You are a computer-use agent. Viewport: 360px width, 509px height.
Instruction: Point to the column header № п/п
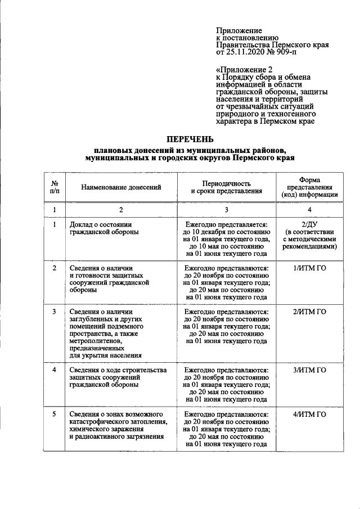click(x=55, y=187)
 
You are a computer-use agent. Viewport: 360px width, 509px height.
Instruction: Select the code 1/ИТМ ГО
click(x=309, y=268)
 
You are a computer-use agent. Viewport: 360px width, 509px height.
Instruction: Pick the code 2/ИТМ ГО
click(x=309, y=312)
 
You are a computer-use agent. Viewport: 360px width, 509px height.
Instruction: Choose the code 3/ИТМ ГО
click(x=309, y=370)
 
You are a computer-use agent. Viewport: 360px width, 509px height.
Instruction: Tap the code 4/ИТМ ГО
click(x=309, y=415)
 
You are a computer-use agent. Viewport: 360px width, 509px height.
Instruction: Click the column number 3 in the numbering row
click(x=227, y=210)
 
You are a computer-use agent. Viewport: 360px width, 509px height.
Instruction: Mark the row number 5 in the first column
click(x=55, y=415)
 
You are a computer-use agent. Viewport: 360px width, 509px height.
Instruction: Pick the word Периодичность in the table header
click(x=227, y=183)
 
